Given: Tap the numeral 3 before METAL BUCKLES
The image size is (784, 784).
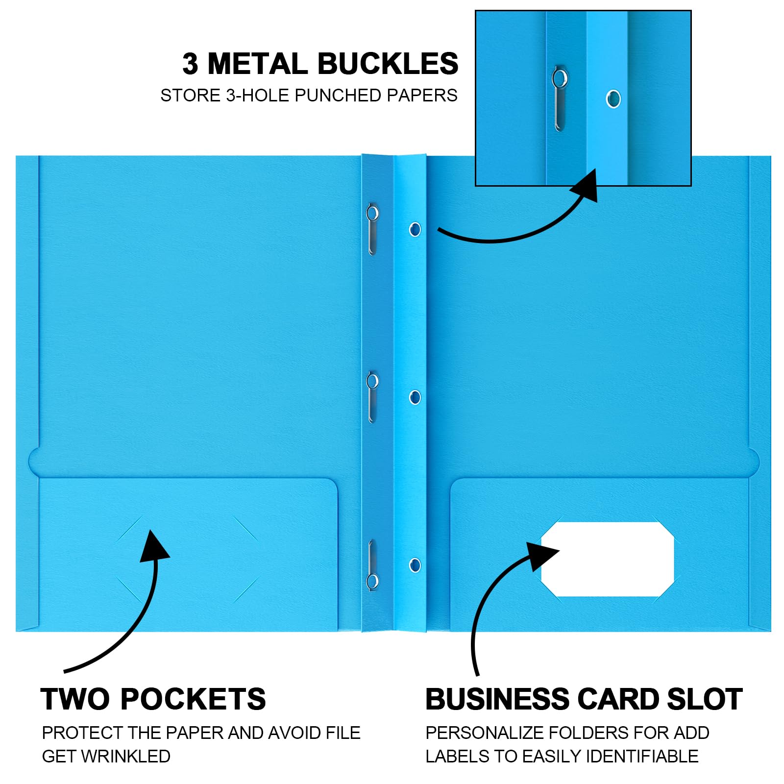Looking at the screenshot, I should (x=190, y=64).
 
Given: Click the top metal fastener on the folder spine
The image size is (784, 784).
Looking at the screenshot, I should (x=372, y=229).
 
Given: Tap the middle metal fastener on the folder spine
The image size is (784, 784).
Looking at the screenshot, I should (x=372, y=397).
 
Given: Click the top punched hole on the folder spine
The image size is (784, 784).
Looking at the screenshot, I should (x=415, y=229).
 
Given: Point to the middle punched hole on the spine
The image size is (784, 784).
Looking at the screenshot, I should (x=415, y=397).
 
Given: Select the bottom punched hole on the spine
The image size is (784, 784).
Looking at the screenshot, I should (x=415, y=565).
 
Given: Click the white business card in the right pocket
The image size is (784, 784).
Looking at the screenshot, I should (x=607, y=559).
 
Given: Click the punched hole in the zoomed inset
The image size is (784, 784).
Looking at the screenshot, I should (x=612, y=99).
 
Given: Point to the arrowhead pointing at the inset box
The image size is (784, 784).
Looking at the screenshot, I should (x=585, y=185).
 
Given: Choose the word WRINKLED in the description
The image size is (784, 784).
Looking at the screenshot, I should (x=125, y=756).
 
